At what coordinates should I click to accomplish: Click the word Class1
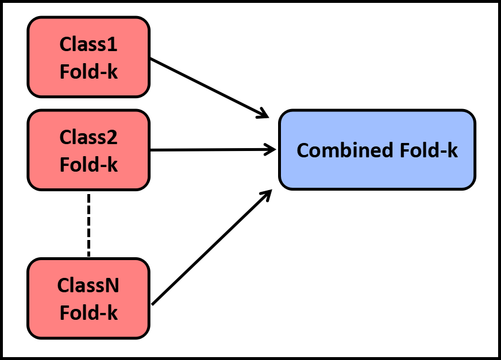point(88,44)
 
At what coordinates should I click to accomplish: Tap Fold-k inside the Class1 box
point(88,72)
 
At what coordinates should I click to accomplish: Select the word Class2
point(88,137)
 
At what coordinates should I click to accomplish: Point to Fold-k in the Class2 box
point(88,165)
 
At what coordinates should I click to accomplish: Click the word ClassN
point(88,285)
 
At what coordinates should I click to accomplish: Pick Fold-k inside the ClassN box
point(88,313)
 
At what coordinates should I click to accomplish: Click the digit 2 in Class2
point(113,137)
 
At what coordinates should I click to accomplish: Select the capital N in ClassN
point(113,285)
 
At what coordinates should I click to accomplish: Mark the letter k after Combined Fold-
point(453,150)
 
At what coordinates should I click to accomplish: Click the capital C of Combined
point(303,150)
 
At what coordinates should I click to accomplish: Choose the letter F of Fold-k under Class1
point(64,72)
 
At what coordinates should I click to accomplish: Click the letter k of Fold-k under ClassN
point(113,313)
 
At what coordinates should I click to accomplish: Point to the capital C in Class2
point(65,137)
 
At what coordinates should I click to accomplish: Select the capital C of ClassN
point(63,285)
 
